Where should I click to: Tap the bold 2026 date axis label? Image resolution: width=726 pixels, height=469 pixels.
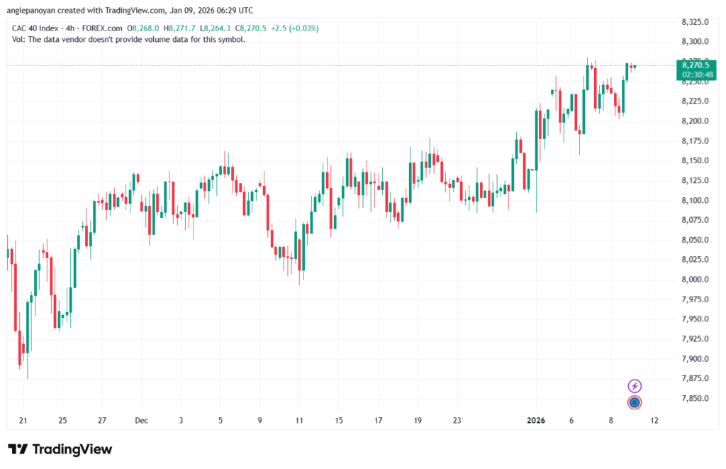536,420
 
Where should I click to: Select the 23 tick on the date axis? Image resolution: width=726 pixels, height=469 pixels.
457,420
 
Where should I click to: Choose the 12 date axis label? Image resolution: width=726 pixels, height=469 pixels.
654,420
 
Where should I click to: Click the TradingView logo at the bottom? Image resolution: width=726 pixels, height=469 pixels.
60,449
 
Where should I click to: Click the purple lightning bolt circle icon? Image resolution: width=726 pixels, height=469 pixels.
635,386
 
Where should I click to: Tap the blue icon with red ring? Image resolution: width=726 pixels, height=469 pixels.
635,402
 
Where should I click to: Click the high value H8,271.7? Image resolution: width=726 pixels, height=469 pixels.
180,28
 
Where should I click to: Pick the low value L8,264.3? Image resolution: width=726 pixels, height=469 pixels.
216,28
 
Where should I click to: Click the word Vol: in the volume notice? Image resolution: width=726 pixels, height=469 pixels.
20,39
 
